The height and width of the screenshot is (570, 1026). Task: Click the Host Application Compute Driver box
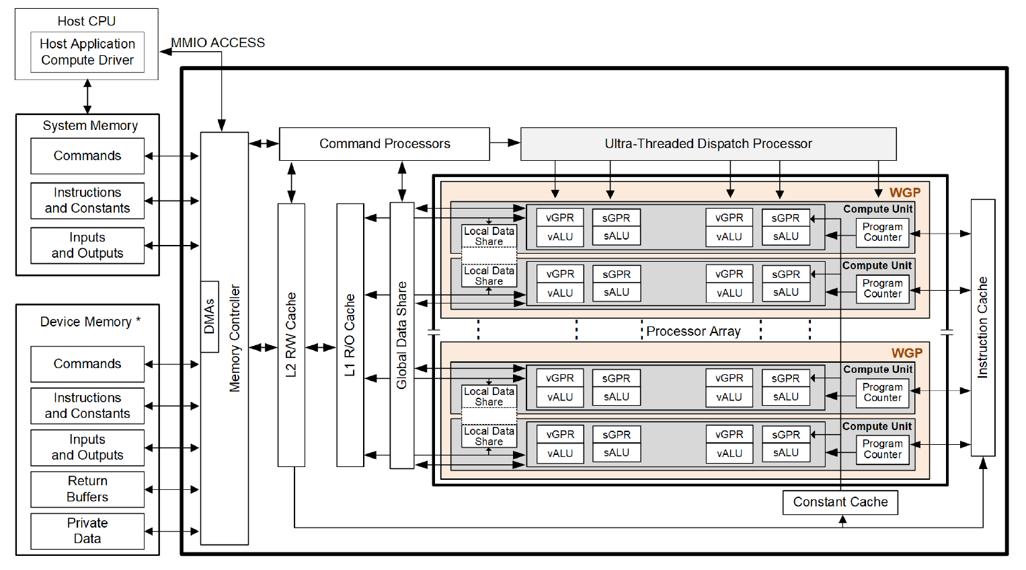[x=87, y=52]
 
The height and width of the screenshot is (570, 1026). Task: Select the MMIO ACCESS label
[x=218, y=42]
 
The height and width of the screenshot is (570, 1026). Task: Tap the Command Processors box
[x=384, y=144]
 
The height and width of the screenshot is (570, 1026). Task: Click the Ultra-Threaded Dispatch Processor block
[x=708, y=144]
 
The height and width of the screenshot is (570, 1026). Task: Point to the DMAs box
[x=210, y=316]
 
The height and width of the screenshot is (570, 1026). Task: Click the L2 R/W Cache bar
[x=291, y=334]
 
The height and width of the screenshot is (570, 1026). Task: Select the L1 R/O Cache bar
[x=350, y=334]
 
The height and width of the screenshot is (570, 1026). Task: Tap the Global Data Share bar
[x=402, y=334]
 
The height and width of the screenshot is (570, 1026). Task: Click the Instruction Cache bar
[x=982, y=327]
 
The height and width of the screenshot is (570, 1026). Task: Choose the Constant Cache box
[x=840, y=502]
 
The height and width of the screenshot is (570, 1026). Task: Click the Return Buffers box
[x=87, y=489]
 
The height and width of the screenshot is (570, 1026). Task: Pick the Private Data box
[x=87, y=531]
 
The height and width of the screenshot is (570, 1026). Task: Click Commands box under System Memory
[x=87, y=156]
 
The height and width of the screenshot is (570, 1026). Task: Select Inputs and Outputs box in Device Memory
[x=87, y=448]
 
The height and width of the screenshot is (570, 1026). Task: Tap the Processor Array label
[x=693, y=331]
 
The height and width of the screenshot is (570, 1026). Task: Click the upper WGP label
[x=904, y=192]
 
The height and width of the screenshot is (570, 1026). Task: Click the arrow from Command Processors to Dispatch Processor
[x=505, y=143]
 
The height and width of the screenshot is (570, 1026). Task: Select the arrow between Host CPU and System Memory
[x=87, y=96]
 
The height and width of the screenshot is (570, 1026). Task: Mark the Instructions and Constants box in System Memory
[x=87, y=201]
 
